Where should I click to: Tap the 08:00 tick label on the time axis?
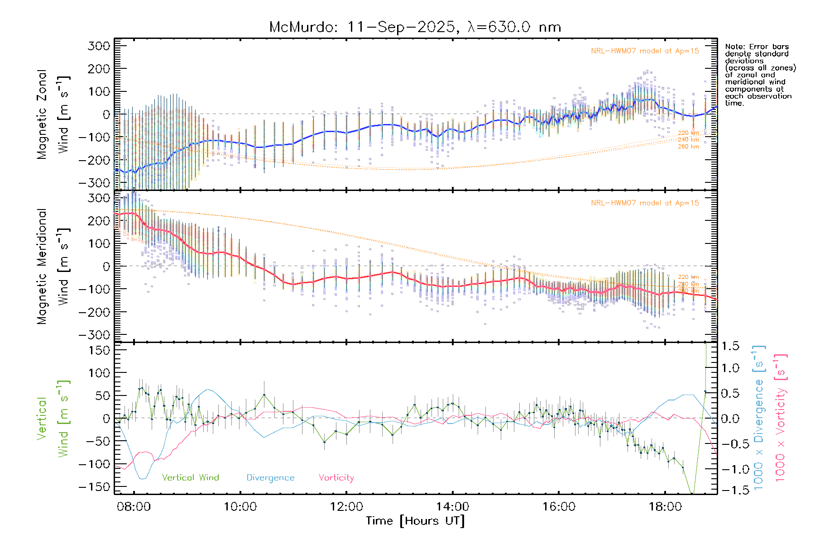(x=134, y=506)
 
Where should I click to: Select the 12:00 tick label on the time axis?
(x=346, y=506)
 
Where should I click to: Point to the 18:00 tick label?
(x=665, y=506)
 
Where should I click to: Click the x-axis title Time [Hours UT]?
(x=415, y=521)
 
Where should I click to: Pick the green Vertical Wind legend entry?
(x=190, y=477)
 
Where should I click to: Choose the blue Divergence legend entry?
(x=270, y=477)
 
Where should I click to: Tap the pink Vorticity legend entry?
(x=336, y=477)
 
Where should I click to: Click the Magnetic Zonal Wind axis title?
(x=53, y=114)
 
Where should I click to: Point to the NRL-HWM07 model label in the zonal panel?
(x=645, y=51)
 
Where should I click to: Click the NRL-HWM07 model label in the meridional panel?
(x=645, y=203)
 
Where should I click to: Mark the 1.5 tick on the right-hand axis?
(x=730, y=346)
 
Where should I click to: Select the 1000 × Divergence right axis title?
(x=759, y=418)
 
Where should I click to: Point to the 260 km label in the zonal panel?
(x=688, y=147)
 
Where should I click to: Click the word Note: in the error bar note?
(x=735, y=47)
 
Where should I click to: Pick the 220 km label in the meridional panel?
(x=688, y=277)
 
